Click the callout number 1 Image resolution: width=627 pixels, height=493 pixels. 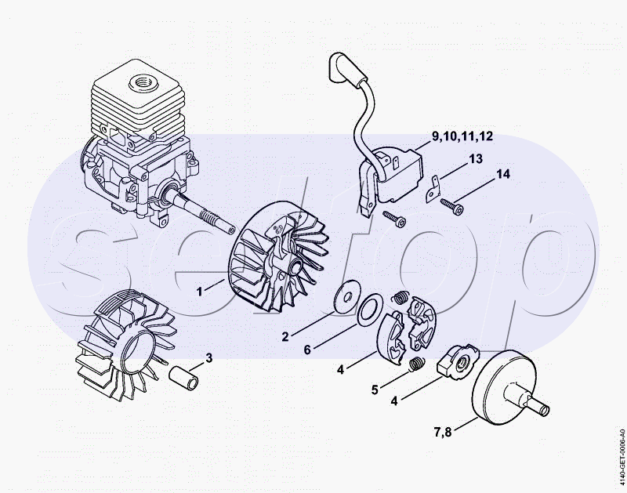coord(200,291)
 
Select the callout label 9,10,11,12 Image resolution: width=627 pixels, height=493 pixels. coord(462,137)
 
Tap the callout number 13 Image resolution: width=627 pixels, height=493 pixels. coord(476,160)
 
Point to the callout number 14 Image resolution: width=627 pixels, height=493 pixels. coord(502,174)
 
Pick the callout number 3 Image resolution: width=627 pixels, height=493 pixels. coord(208,359)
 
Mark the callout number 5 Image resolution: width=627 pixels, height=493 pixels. coord(375,388)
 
